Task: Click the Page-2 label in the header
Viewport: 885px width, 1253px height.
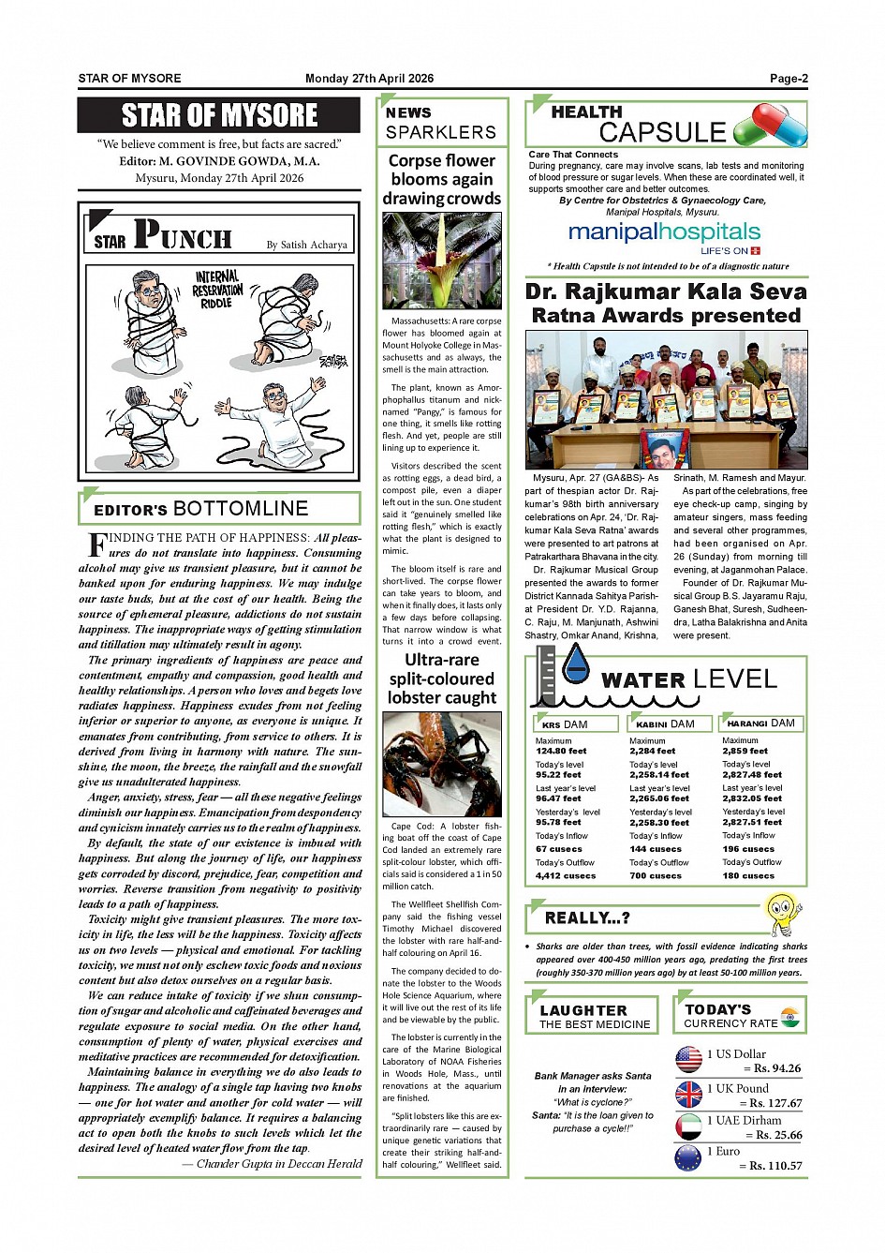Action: [789, 79]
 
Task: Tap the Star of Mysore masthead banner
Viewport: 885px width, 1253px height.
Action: [219, 115]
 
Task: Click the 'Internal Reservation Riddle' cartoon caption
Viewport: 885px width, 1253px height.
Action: [216, 289]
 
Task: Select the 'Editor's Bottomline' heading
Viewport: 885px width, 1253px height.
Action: [201, 509]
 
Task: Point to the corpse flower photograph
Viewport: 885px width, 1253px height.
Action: [442, 261]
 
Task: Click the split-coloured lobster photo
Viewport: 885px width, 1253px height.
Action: [442, 763]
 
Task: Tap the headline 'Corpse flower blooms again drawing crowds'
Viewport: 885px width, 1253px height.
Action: [442, 179]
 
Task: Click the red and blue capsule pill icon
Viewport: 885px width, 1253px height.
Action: [770, 125]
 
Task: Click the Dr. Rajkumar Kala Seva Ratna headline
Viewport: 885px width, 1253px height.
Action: [666, 304]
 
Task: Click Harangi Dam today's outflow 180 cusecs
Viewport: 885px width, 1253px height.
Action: [749, 875]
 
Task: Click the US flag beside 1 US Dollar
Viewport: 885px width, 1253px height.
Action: [688, 1060]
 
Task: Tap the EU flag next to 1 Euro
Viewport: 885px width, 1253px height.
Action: [688, 1157]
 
